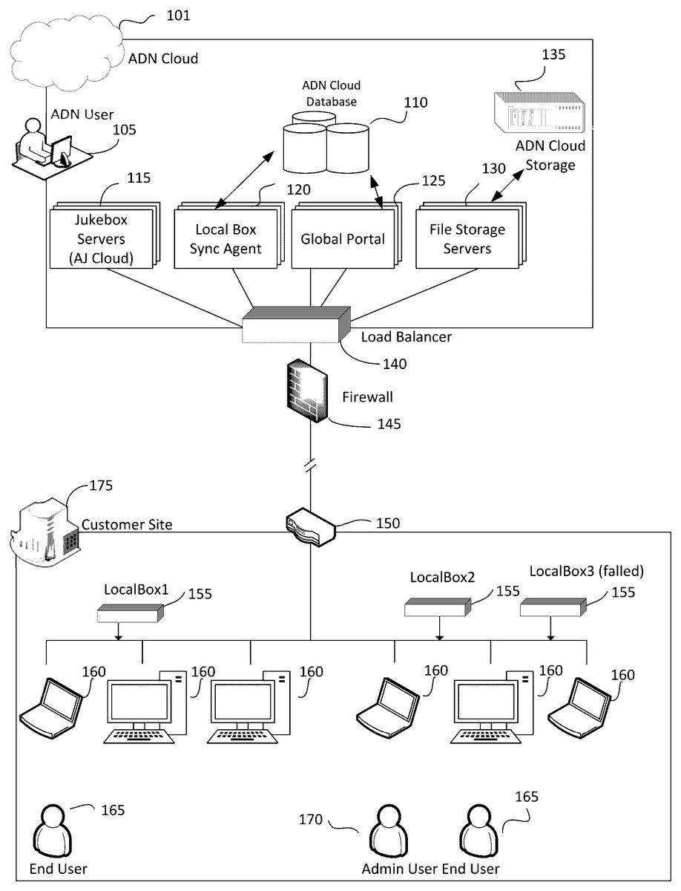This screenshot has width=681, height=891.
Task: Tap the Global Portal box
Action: point(342,239)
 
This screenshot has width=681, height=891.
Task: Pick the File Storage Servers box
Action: point(467,238)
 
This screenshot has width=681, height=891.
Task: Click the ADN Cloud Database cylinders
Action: point(326,143)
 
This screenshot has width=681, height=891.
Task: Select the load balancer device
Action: point(295,325)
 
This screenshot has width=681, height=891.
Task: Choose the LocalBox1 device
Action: point(130,613)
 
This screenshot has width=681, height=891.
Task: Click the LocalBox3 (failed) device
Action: point(553,608)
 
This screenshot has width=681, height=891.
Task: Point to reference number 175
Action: point(101,486)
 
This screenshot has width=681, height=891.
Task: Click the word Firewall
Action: point(367,397)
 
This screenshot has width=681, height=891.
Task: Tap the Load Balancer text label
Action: point(406,336)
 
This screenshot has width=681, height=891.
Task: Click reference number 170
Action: point(312,820)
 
